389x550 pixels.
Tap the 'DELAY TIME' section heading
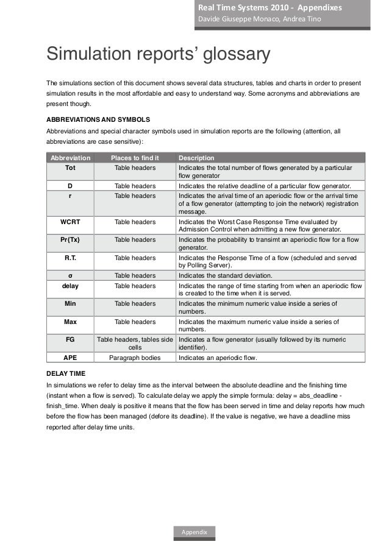[66, 373]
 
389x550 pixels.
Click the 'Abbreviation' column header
[70, 158]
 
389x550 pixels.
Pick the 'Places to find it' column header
[135, 158]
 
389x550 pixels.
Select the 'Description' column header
[196, 158]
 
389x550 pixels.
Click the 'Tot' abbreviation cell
[70, 167]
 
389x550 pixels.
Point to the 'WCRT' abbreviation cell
[70, 222]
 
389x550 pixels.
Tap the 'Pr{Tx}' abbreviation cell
[70, 240]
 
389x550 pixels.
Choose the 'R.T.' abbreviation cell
[70, 258]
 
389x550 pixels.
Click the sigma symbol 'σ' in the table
[70, 276]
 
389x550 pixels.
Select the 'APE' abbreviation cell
[70, 358]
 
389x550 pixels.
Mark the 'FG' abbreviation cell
[70, 340]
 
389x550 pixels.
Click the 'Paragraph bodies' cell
[135, 358]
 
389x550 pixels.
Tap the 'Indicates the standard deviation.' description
[225, 276]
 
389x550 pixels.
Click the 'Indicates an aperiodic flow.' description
[218, 358]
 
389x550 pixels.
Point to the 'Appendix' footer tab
[194, 532]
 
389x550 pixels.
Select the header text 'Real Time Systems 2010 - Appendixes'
[268, 8]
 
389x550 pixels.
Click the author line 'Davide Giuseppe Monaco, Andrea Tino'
[256, 20]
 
